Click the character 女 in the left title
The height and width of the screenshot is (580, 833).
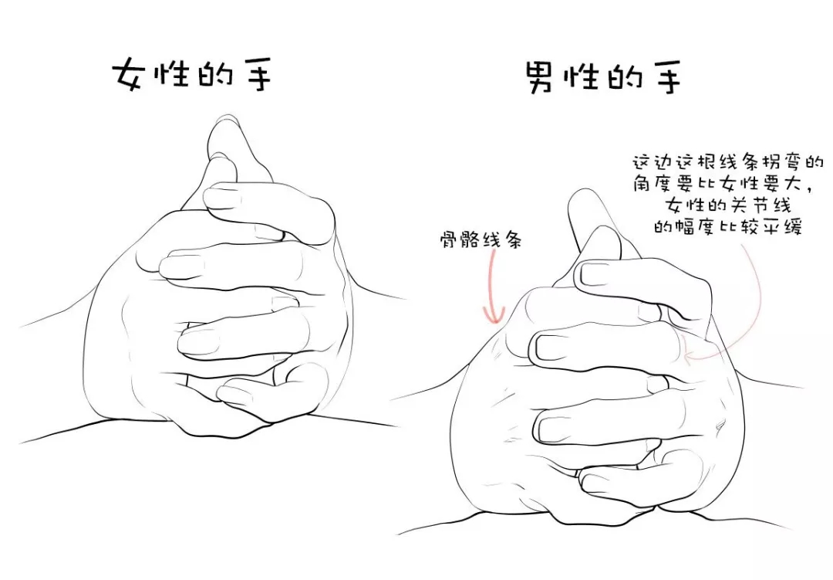click(x=128, y=76)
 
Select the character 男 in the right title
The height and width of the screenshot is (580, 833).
click(x=542, y=78)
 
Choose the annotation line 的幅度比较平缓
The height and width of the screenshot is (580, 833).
click(x=727, y=229)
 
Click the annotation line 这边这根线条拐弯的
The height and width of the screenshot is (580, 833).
click(x=727, y=163)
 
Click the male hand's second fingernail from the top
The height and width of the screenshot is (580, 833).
click(x=550, y=346)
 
